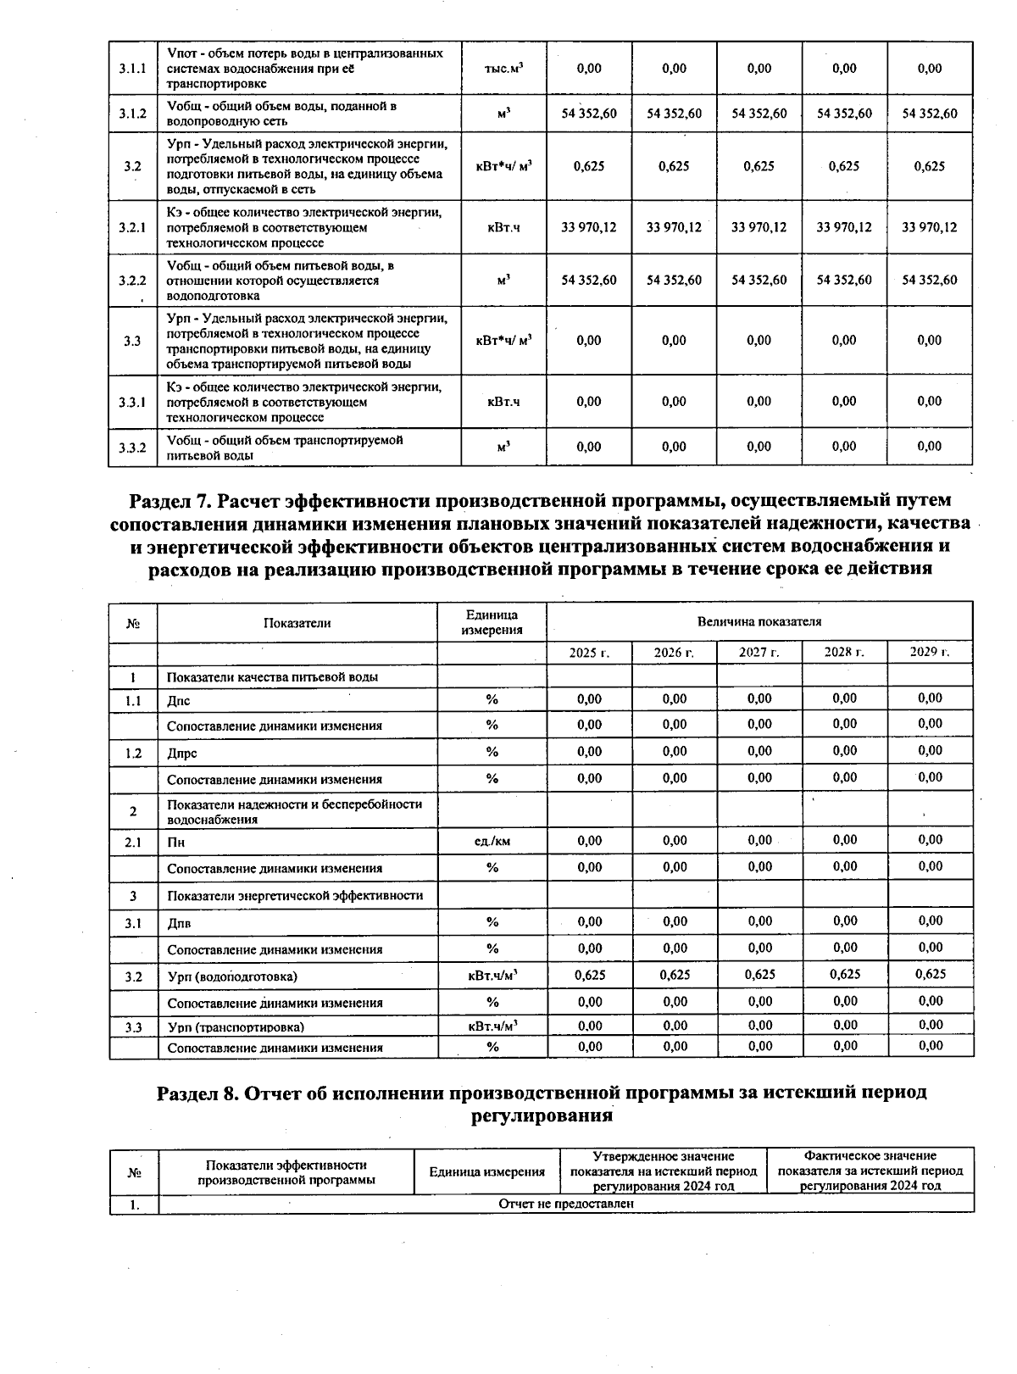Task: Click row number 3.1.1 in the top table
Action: click(132, 69)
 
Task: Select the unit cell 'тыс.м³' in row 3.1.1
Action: click(503, 69)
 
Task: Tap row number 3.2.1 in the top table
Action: click(132, 228)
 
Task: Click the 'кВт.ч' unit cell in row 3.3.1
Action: click(503, 402)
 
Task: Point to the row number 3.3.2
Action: click(132, 448)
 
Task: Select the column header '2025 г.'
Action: click(589, 653)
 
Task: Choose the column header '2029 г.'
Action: click(930, 652)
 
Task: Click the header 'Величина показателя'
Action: click(759, 621)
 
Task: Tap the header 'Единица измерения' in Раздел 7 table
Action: click(492, 622)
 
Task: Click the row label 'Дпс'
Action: click(179, 701)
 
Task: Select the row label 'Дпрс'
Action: click(182, 754)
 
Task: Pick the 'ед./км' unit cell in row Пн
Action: click(492, 841)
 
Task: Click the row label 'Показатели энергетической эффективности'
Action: click(295, 896)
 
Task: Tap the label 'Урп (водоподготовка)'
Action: click(232, 976)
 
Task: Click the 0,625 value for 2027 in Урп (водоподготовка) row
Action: click(759, 975)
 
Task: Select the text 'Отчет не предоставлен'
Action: click(566, 1204)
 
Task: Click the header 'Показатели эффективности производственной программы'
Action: click(286, 1173)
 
